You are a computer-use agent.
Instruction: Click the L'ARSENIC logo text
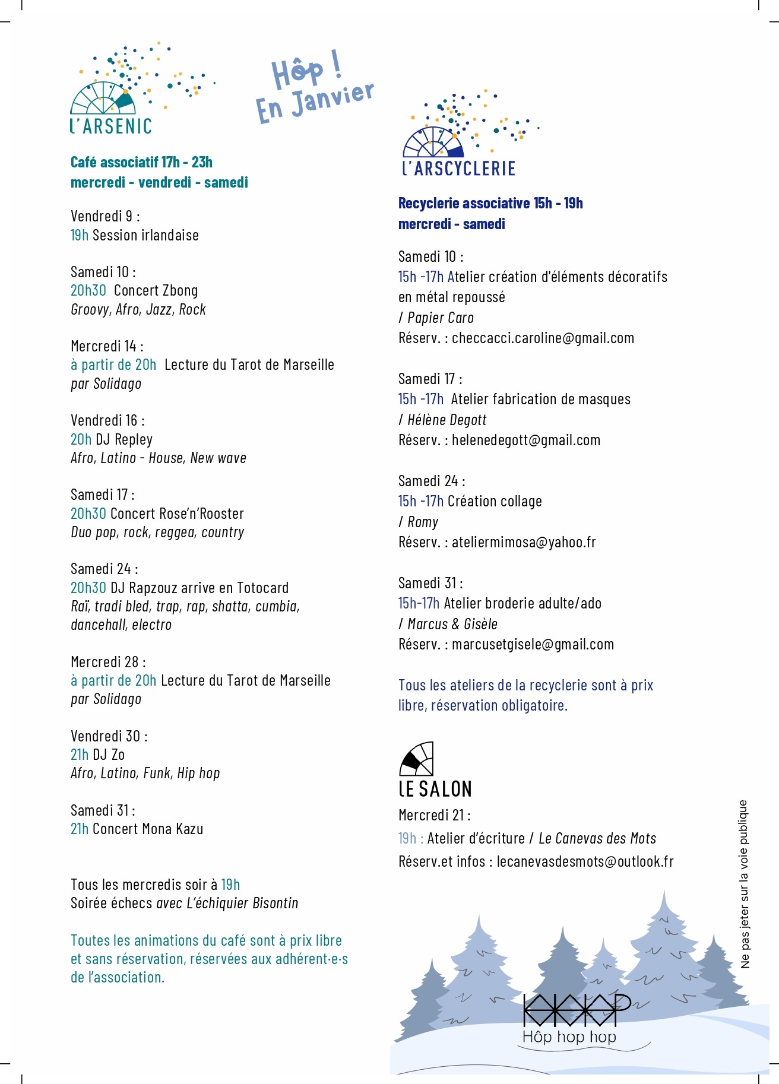coord(111,126)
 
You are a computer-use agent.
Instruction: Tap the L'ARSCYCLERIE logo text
coord(458,169)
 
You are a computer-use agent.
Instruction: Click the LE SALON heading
coord(435,789)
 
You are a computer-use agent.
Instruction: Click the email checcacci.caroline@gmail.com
coord(543,338)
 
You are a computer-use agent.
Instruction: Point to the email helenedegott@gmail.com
coord(526,440)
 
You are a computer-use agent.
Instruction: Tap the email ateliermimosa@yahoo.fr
coord(524,543)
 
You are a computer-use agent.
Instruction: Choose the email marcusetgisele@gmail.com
coord(533,645)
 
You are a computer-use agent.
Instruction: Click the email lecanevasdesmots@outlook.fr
coord(585,862)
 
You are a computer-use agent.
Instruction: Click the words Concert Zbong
coord(156,291)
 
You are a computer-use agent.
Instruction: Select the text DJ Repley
coord(124,440)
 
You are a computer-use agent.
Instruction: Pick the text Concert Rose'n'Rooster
coord(177,514)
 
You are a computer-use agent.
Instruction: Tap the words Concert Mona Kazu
coord(148,829)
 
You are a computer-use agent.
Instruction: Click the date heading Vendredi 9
coord(104,216)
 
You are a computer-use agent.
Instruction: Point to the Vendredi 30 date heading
coord(109,736)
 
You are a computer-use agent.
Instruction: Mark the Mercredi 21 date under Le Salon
coord(434,816)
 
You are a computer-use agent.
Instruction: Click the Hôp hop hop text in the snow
coord(569,1037)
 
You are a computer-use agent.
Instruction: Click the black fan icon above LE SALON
coord(416,759)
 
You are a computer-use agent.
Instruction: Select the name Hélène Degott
coord(446,420)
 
